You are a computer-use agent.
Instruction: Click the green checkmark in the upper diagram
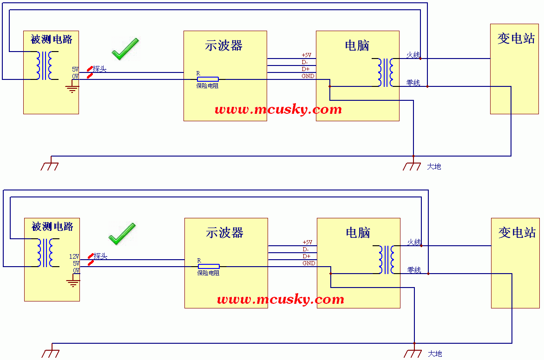125,49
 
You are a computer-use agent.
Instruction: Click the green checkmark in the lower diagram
122,234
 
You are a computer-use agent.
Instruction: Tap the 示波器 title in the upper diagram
223,46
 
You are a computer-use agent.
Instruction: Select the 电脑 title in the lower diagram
358,233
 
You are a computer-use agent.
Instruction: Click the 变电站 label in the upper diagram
516,39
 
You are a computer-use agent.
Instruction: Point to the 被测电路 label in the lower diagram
52,227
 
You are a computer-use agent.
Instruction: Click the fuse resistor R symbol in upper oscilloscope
208,79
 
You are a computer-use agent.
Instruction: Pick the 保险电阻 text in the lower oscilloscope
208,273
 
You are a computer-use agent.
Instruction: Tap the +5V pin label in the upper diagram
307,55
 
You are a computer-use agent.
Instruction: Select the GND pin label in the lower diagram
309,263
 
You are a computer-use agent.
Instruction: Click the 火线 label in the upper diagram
413,55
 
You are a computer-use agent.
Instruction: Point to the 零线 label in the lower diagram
414,270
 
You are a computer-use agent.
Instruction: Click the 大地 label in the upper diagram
434,166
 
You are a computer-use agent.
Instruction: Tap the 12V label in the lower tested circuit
74,256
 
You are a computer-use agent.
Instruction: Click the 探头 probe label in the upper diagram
99,69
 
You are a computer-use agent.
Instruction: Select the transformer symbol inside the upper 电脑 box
386,72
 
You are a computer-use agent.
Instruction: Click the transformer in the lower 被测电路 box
48,253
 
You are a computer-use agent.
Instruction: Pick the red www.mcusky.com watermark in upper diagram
278,110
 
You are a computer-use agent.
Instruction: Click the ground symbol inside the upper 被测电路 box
72,87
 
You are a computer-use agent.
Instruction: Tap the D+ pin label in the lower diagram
307,256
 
